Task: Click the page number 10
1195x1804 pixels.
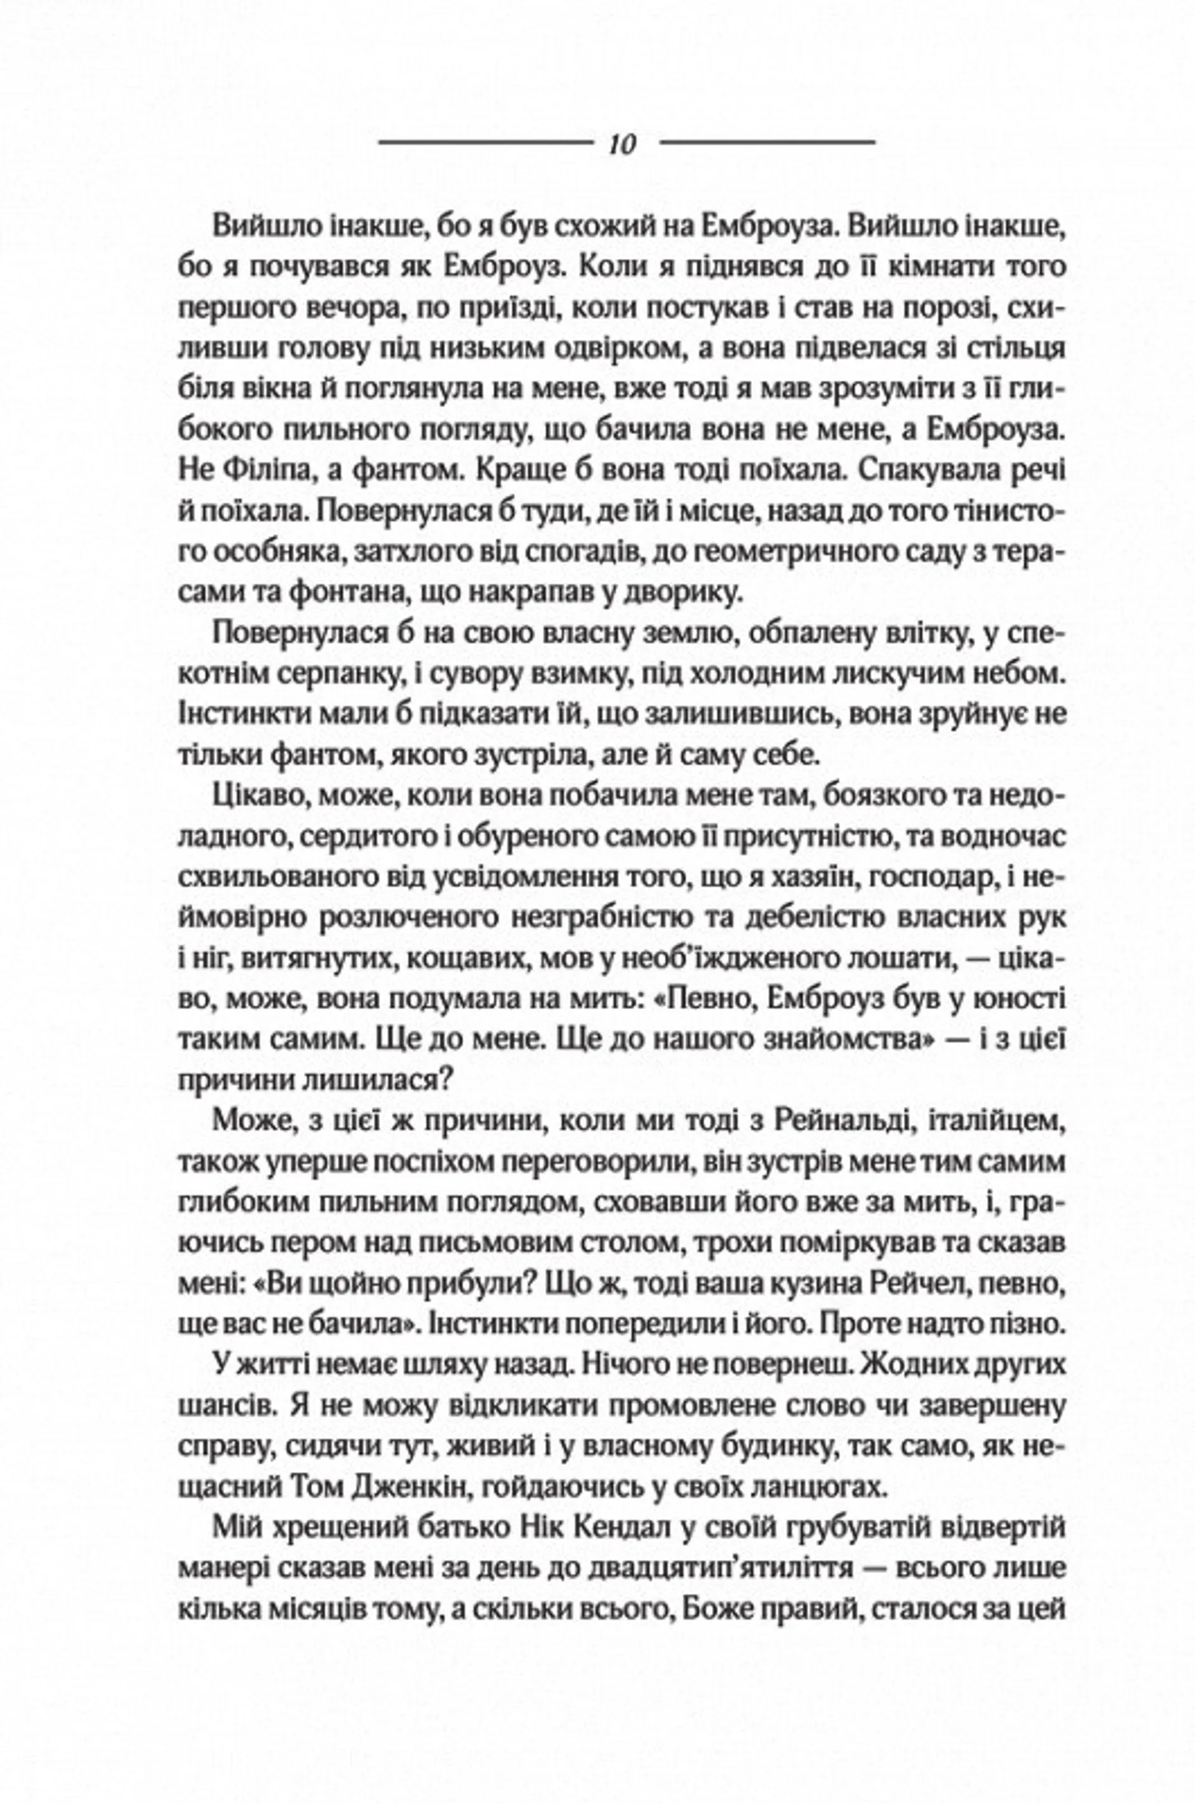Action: coord(622,144)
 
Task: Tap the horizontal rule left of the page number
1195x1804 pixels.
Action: coord(485,143)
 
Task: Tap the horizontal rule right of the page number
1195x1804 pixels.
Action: coord(767,143)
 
